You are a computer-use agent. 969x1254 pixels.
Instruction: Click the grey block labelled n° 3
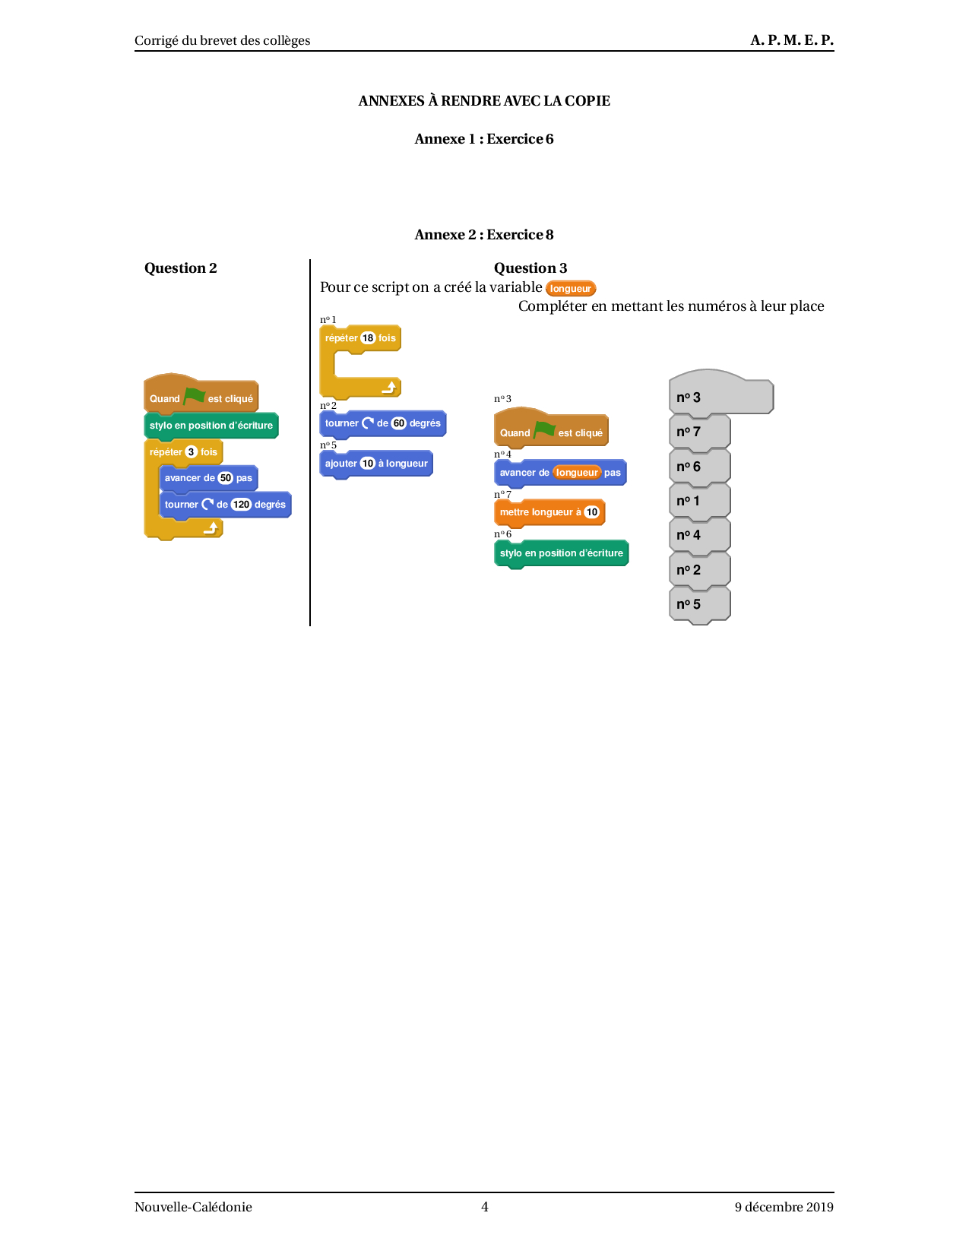(x=720, y=397)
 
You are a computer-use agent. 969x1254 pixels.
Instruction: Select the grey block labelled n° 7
(x=699, y=432)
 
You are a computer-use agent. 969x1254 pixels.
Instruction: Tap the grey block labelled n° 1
(x=699, y=501)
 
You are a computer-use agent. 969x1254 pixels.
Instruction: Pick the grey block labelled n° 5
(x=699, y=604)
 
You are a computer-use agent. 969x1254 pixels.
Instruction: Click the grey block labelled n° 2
(x=699, y=570)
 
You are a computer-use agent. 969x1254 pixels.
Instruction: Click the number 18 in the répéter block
(x=368, y=338)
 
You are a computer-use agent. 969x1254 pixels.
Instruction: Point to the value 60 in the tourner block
(x=399, y=423)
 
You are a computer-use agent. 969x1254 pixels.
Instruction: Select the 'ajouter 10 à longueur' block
(x=376, y=464)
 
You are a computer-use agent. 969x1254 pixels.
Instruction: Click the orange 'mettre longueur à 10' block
(x=549, y=512)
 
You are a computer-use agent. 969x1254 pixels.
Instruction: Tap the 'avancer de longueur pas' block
(x=560, y=473)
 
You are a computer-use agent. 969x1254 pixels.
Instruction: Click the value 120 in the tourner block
(x=241, y=505)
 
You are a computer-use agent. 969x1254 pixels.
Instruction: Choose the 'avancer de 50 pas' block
(x=208, y=478)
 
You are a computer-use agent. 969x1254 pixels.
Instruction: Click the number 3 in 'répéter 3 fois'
(x=191, y=452)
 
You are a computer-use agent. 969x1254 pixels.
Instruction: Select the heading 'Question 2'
(x=181, y=268)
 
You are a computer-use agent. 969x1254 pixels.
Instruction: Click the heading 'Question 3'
(x=530, y=268)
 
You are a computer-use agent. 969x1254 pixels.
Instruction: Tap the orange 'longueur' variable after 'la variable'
(x=571, y=289)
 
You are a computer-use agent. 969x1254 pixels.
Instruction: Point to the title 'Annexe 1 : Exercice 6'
(x=484, y=139)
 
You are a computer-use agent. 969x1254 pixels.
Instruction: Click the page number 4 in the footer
(x=485, y=1207)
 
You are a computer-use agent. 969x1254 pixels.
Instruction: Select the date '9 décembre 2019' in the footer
(x=784, y=1207)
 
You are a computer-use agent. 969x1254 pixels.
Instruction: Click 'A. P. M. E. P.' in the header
(x=792, y=40)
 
